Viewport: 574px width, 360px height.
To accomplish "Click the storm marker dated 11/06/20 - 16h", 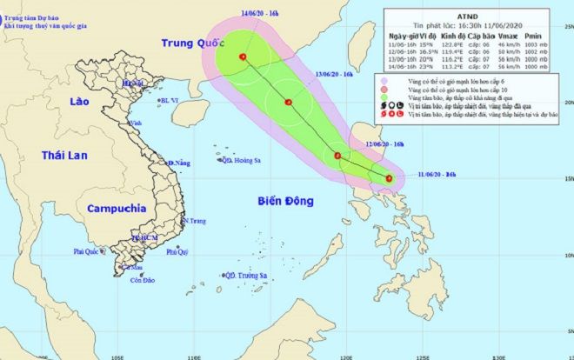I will click(x=389, y=179).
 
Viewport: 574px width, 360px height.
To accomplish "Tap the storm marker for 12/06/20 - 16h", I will click(x=337, y=157).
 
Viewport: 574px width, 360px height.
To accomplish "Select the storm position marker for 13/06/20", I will click(x=287, y=103).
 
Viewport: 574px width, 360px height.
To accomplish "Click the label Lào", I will click(x=79, y=102).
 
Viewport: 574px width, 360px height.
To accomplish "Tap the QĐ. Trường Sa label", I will click(x=247, y=276).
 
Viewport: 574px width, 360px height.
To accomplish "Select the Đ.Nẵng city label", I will click(x=179, y=163).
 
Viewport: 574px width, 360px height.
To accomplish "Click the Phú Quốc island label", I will click(x=88, y=251).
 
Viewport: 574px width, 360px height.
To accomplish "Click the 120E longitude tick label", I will click(x=347, y=356).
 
